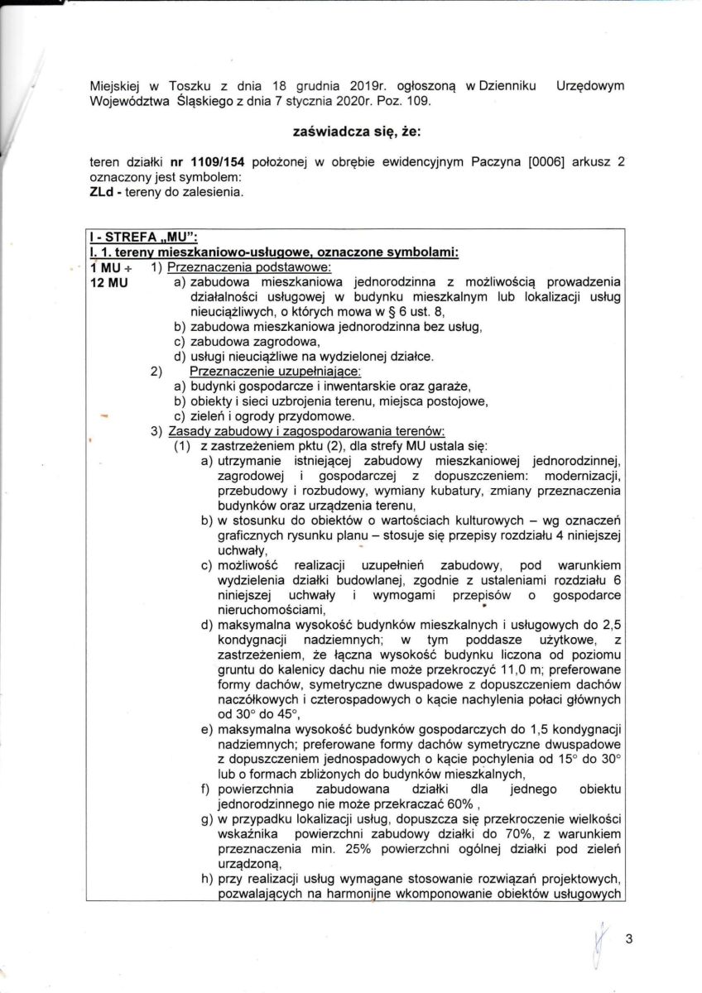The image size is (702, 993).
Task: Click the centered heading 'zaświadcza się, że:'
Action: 352,132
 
